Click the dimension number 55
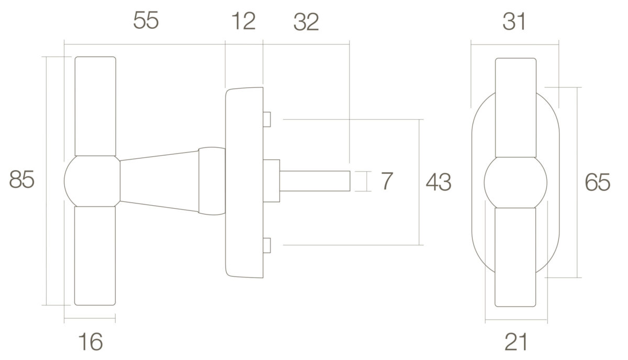(x=146, y=20)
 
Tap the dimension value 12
(x=244, y=21)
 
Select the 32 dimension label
(x=306, y=22)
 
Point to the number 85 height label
(x=21, y=179)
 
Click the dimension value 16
(x=90, y=341)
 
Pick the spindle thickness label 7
(x=387, y=181)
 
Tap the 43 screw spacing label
(x=439, y=182)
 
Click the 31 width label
(x=513, y=21)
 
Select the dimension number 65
(x=598, y=182)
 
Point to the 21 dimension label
(x=516, y=342)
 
